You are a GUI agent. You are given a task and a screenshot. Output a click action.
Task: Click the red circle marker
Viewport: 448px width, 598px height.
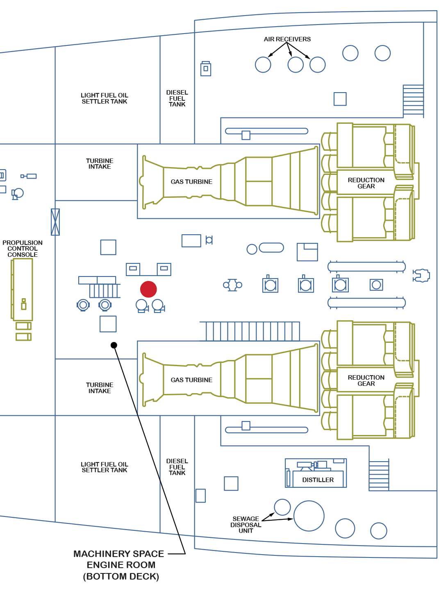pos(148,289)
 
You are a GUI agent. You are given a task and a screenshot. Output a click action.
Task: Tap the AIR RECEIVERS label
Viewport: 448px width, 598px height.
pos(287,39)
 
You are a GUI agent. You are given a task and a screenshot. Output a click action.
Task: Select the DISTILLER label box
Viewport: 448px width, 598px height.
pos(318,480)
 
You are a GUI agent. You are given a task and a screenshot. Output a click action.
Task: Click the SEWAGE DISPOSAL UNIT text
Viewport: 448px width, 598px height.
pos(246,525)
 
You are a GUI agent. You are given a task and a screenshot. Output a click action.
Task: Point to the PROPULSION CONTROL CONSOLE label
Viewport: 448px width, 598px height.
pos(23,249)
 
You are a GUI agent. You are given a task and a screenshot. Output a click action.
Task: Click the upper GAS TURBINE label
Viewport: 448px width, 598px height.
pos(191,182)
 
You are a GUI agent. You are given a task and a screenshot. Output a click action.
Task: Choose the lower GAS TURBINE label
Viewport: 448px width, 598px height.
pos(191,380)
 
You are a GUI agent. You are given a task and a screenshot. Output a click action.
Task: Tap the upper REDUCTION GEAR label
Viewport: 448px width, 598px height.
pos(366,183)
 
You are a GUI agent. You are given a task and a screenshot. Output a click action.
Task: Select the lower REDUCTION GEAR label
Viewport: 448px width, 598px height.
pos(366,381)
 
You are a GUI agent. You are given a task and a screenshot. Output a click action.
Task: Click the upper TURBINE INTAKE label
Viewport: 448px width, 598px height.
pos(100,164)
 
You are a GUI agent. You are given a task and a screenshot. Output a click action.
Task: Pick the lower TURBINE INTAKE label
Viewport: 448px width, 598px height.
pos(100,388)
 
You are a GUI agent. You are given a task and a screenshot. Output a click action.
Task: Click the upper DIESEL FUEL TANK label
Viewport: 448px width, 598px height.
pos(177,98)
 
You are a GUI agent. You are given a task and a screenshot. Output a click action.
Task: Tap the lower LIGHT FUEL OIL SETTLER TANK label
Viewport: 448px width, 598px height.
pos(105,467)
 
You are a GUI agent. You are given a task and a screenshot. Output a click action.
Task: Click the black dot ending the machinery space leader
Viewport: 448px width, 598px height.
pos(114,345)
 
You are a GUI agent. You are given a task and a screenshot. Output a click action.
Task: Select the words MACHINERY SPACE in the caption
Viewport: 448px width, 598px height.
pos(118,554)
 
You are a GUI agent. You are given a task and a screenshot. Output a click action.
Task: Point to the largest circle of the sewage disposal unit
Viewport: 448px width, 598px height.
pos(309,516)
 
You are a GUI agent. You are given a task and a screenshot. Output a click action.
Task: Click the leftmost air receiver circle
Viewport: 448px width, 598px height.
pos(263,65)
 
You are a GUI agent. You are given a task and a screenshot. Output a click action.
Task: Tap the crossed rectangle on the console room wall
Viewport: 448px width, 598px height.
pos(55,222)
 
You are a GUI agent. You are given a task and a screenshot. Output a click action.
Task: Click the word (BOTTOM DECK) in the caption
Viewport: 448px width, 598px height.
pos(121,577)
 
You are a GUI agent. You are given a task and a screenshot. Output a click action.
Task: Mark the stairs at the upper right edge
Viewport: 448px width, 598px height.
pos(413,100)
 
